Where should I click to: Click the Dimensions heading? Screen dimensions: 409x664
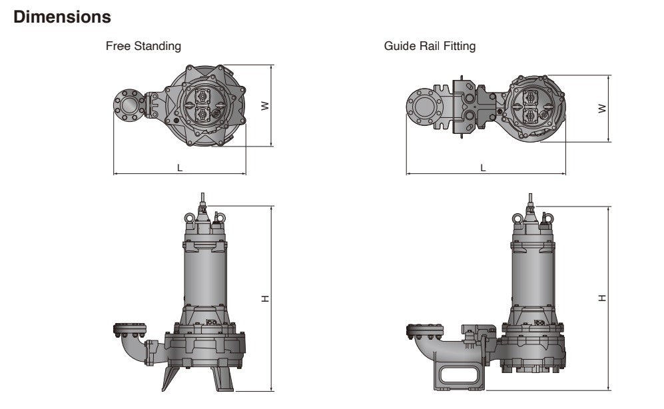coord(63,18)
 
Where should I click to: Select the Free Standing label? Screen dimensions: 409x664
coord(143,47)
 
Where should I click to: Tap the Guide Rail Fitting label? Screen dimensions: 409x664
coord(430,47)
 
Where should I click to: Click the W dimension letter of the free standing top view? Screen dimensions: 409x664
coord(265,105)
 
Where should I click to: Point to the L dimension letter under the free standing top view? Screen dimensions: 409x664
coord(179,167)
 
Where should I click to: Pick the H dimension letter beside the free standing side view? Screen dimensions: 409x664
coord(265,298)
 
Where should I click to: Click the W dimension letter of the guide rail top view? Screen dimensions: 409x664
coord(602,107)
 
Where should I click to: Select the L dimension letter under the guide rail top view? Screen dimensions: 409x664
coord(483,167)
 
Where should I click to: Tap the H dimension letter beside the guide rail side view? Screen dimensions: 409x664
coord(602,298)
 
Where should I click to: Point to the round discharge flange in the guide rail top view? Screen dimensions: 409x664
coord(422,107)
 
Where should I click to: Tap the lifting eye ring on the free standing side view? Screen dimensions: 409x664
coord(190,216)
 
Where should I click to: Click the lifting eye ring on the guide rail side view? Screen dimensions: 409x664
coord(517,217)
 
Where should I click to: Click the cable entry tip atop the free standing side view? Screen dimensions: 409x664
coord(202,197)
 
